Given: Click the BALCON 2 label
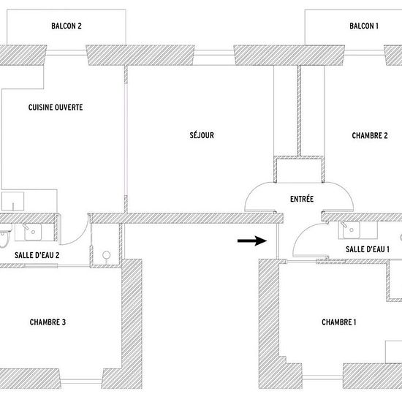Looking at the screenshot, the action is pyautogui.click(x=67, y=26).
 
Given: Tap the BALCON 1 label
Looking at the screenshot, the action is pyautogui.click(x=364, y=26).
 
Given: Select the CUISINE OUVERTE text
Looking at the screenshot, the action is pyautogui.click(x=56, y=107).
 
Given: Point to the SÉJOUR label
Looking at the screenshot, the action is pyautogui.click(x=202, y=135).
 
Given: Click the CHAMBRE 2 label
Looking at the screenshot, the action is pyautogui.click(x=370, y=136).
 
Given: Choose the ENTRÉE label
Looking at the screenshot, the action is pyautogui.click(x=302, y=199).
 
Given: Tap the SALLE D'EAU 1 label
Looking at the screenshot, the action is pyautogui.click(x=368, y=249).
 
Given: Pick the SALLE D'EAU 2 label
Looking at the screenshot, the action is pyautogui.click(x=37, y=255).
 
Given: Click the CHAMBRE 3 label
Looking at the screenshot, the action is pyautogui.click(x=48, y=322).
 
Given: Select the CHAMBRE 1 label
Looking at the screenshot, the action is pyautogui.click(x=339, y=322).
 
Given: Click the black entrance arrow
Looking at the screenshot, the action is pyautogui.click(x=252, y=240).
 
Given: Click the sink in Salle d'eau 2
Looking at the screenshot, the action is pyautogui.click(x=33, y=232).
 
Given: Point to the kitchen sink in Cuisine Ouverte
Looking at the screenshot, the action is pyautogui.click(x=12, y=201).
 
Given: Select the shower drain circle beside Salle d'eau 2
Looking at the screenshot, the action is pyautogui.click(x=107, y=255).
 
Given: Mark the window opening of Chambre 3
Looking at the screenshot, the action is pyautogui.click(x=81, y=381).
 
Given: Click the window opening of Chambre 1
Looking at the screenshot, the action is pyautogui.click(x=322, y=378).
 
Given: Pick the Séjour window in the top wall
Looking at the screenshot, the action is pyautogui.click(x=214, y=53).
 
